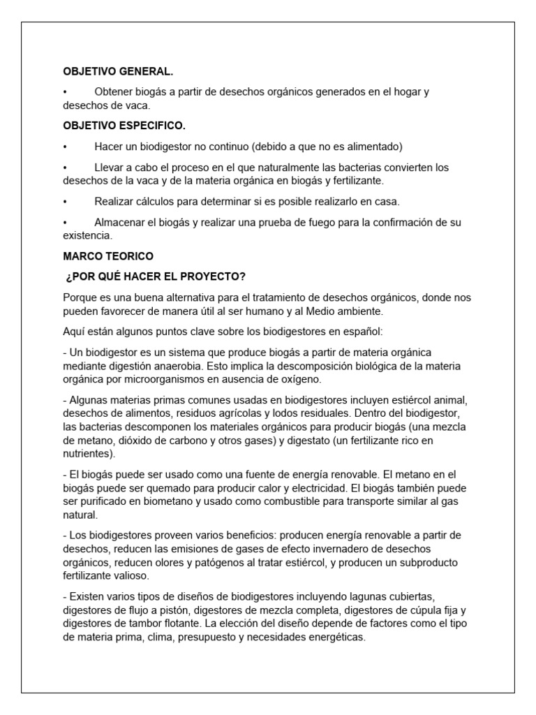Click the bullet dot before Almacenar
(64, 223)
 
